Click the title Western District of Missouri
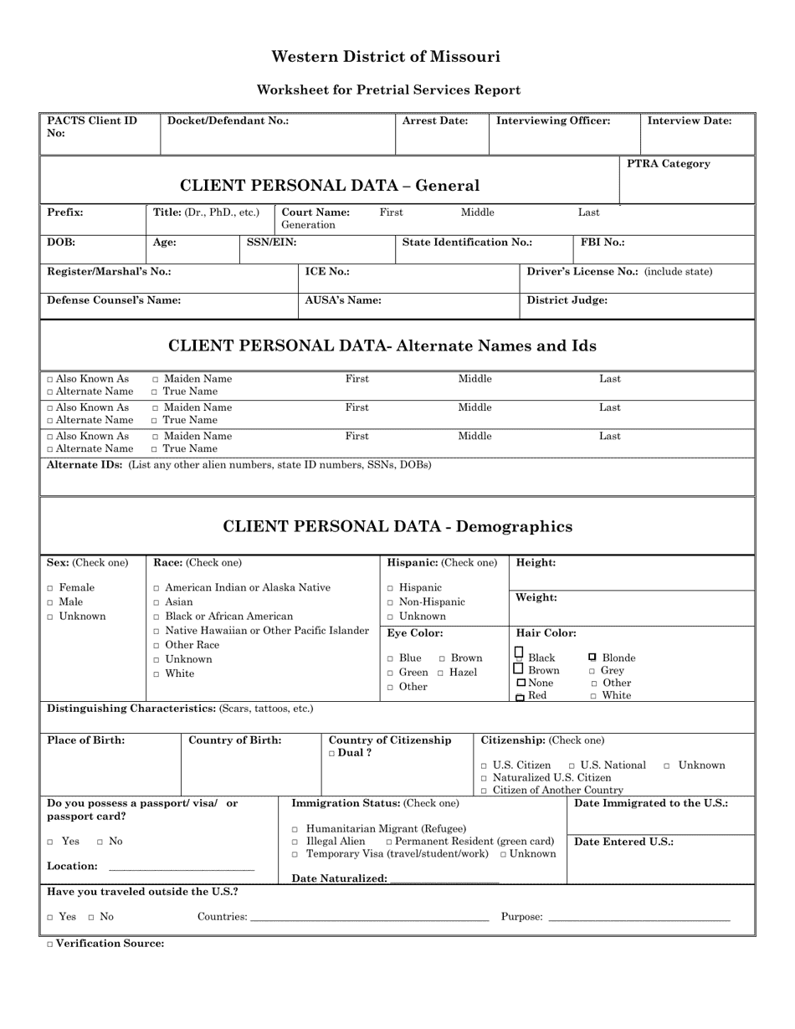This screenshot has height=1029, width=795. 386,57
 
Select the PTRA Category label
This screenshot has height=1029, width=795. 669,164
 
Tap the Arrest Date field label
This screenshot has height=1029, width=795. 434,120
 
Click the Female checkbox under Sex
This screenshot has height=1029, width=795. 51,588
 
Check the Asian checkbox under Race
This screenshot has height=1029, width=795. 156,602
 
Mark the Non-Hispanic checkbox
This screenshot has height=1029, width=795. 390,602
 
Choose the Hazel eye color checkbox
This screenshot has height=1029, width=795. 440,673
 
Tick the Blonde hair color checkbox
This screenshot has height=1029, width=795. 592,658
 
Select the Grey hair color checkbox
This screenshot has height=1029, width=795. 592,672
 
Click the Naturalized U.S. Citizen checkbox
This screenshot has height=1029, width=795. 485,779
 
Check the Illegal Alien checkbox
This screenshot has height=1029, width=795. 295,842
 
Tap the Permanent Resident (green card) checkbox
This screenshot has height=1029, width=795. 389,842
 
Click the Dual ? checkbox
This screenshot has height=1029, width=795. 332,754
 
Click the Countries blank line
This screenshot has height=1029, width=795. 369,918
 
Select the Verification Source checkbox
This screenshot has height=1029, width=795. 49,945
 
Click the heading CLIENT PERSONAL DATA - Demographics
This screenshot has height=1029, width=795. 397,527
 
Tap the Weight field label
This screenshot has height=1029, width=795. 536,597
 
